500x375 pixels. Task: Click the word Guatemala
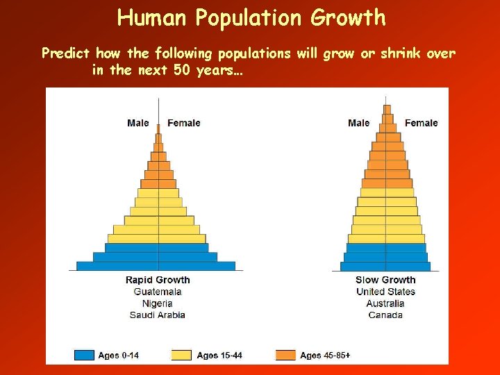pyautogui.click(x=158, y=292)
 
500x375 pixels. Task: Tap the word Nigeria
pyautogui.click(x=158, y=303)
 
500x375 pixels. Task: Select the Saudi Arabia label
pyautogui.click(x=158, y=315)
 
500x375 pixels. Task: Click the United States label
pyautogui.click(x=385, y=292)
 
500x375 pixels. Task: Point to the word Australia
pyautogui.click(x=385, y=303)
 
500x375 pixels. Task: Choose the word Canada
pyautogui.click(x=385, y=315)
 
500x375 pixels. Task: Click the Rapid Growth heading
pyautogui.click(x=158, y=280)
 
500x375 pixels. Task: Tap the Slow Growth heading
pyautogui.click(x=385, y=280)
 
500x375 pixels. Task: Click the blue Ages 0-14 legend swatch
pyautogui.click(x=84, y=355)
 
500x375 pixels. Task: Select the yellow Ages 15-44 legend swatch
pyautogui.click(x=182, y=355)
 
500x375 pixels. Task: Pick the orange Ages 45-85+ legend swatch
pyautogui.click(x=286, y=355)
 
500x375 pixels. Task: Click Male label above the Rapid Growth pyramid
pyautogui.click(x=138, y=123)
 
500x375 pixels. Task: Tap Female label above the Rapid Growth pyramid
pyautogui.click(x=184, y=123)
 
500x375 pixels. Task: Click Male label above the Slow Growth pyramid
pyautogui.click(x=359, y=123)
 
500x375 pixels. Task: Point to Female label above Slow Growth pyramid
pyautogui.click(x=422, y=123)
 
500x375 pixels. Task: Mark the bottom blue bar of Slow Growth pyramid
pyautogui.click(x=385, y=266)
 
